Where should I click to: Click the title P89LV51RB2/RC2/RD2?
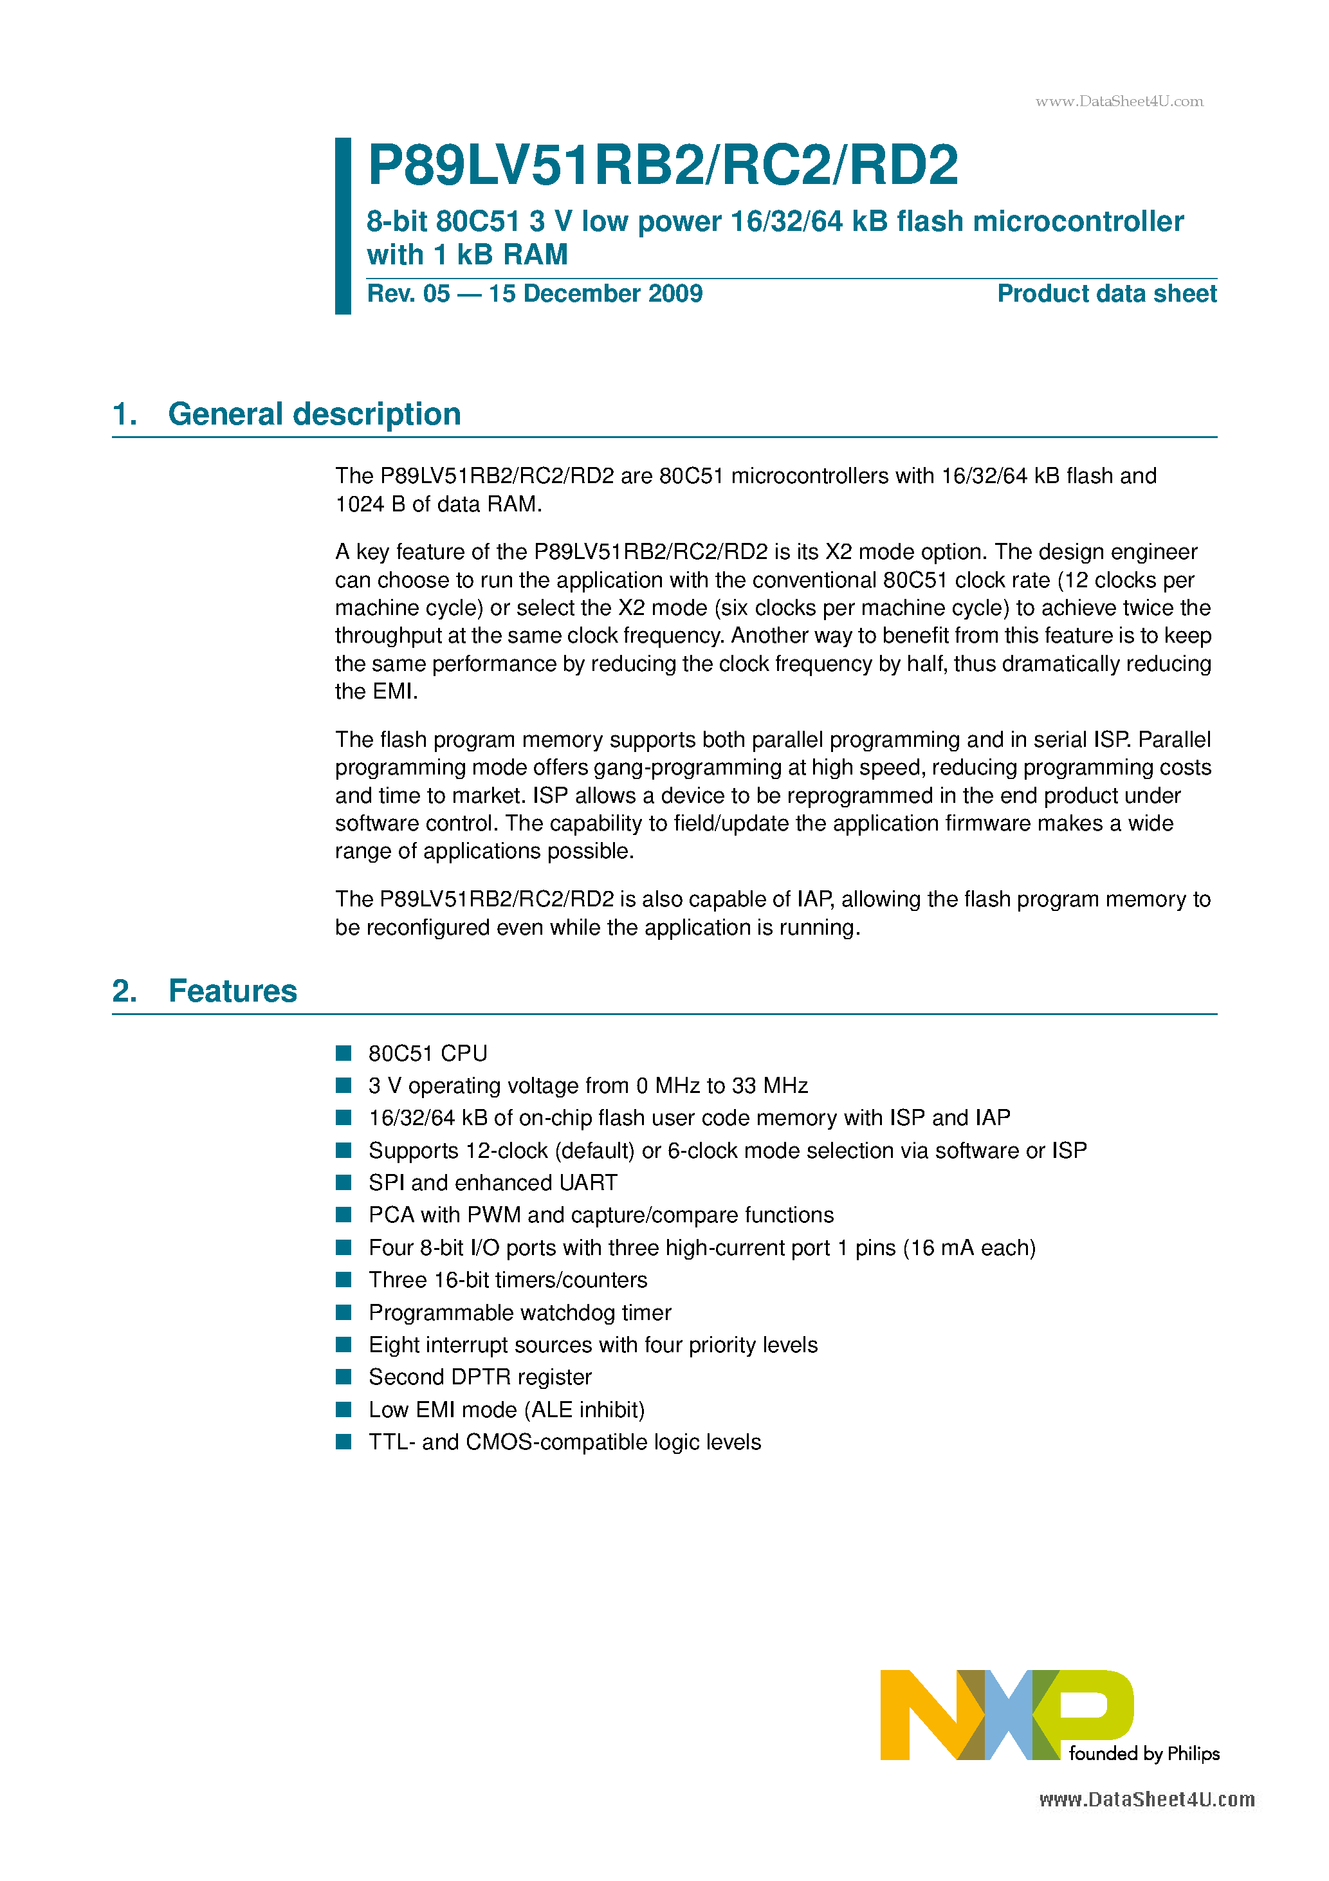pyautogui.click(x=662, y=165)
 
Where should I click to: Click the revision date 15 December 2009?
pyautogui.click(x=596, y=293)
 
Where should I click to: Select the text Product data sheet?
pyautogui.click(x=1106, y=293)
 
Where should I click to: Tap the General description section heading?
pyautogui.click(x=314, y=414)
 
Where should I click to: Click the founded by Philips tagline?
pyautogui.click(x=1144, y=1753)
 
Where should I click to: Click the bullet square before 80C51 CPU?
pyautogui.click(x=344, y=1052)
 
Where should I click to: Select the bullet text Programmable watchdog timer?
pyautogui.click(x=520, y=1312)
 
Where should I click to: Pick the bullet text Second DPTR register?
pyautogui.click(x=479, y=1377)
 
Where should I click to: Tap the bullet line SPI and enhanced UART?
pyautogui.click(x=493, y=1183)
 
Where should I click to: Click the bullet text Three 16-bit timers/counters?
pyautogui.click(x=507, y=1280)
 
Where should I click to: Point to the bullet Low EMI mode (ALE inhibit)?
pyautogui.click(x=506, y=1410)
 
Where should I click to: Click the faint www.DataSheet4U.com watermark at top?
pyautogui.click(x=1119, y=102)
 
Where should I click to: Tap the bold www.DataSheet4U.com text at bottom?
pyautogui.click(x=1146, y=1800)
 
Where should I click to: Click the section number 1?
pyautogui.click(x=124, y=414)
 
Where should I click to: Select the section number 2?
pyautogui.click(x=124, y=991)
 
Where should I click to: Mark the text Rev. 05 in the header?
pyautogui.click(x=408, y=293)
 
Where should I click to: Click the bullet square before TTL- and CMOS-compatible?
pyautogui.click(x=344, y=1442)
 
